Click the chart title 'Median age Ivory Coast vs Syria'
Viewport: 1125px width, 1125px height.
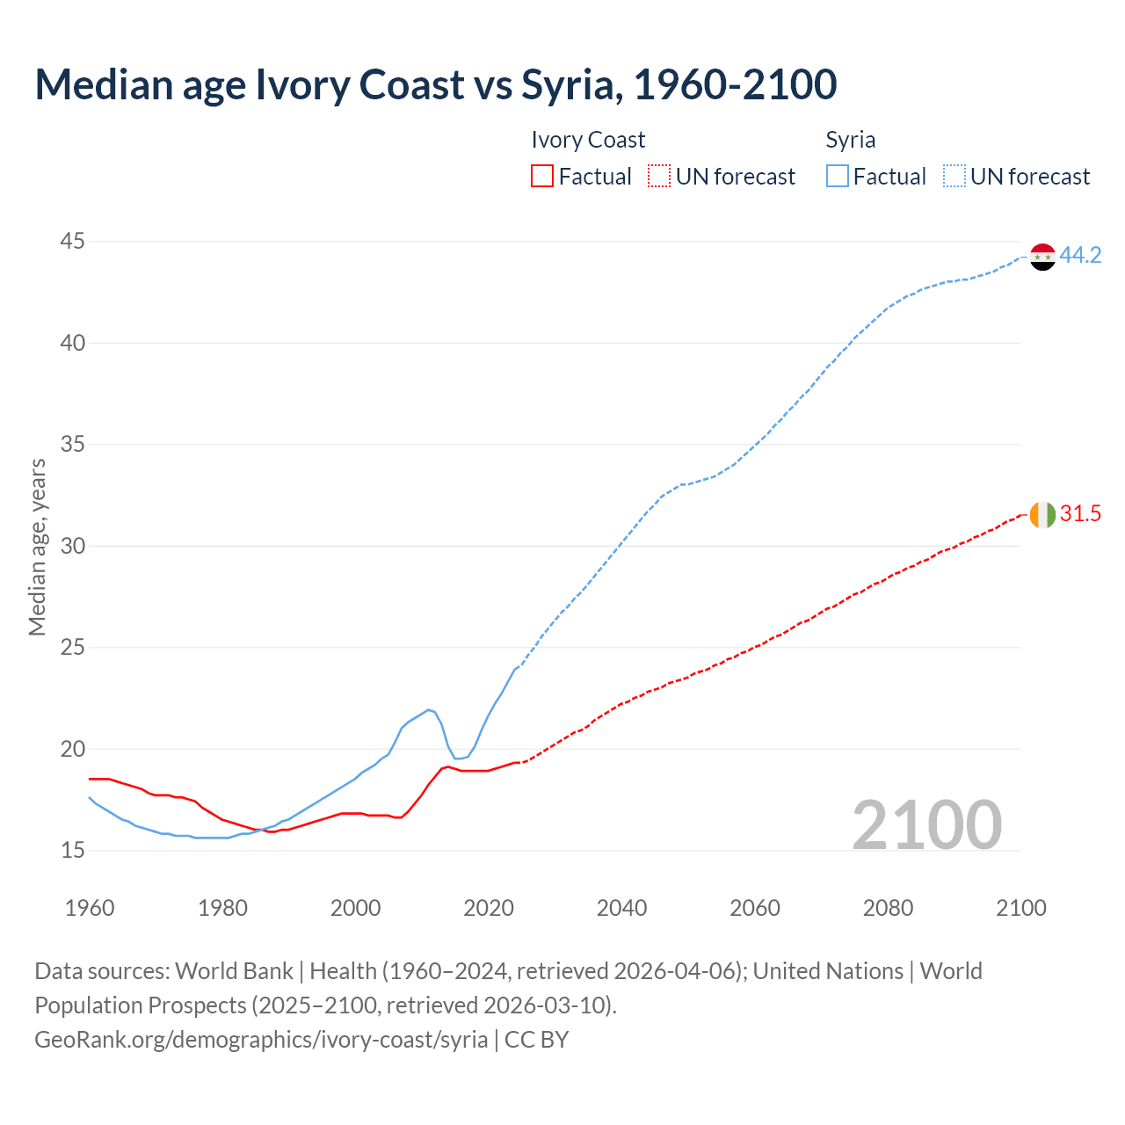(435, 84)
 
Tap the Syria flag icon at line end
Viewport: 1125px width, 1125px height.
(1042, 257)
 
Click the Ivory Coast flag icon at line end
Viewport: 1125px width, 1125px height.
(1042, 514)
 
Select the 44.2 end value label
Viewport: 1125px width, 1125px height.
(1080, 256)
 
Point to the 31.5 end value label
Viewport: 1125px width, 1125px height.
(1080, 514)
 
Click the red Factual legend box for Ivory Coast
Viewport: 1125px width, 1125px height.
(542, 177)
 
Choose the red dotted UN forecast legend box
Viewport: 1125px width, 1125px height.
(659, 177)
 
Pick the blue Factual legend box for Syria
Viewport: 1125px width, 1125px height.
(838, 177)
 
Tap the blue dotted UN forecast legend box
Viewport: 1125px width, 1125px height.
(954, 177)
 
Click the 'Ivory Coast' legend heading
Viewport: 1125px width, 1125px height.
(588, 140)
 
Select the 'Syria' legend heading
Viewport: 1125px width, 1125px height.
(850, 140)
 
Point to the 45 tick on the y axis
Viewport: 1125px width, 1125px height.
(73, 241)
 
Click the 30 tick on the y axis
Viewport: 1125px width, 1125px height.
(73, 546)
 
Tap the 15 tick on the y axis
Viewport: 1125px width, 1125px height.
(73, 850)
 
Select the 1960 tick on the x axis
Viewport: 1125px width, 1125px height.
(90, 908)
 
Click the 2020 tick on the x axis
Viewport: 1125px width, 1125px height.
(489, 908)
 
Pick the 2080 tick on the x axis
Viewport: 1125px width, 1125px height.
(888, 908)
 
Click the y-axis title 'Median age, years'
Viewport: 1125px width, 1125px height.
(37, 547)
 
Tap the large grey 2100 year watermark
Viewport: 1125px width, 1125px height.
(926, 824)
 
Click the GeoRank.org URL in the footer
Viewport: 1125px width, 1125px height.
(261, 1040)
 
